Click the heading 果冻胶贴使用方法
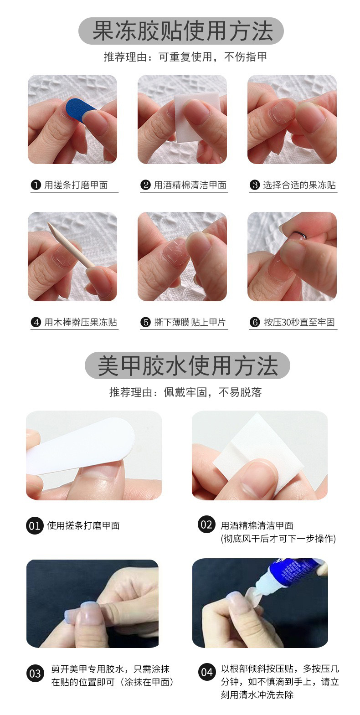[x=183, y=31]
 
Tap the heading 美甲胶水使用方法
[x=188, y=366]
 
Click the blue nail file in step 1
[x=80, y=109]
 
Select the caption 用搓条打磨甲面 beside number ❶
[x=76, y=185]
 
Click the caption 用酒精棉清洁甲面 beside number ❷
[x=190, y=185]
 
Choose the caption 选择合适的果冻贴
[x=299, y=185]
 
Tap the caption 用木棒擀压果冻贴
[x=80, y=322]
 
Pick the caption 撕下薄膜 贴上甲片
[x=190, y=322]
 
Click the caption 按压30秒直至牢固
[x=299, y=322]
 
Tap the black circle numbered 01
[x=35, y=526]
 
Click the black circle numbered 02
[x=206, y=525]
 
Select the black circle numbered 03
[x=35, y=674]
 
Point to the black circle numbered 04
[x=207, y=672]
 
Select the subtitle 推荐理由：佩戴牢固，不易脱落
[x=185, y=392]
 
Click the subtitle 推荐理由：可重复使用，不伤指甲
[x=185, y=57]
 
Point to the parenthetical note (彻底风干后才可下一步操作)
[x=278, y=539]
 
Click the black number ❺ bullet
[x=145, y=322]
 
